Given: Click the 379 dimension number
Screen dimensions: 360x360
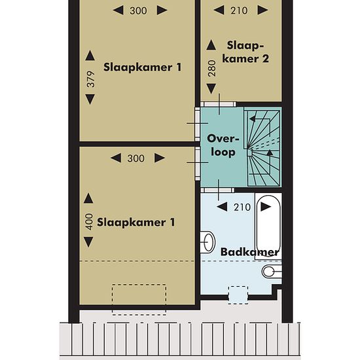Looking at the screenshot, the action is (91, 79).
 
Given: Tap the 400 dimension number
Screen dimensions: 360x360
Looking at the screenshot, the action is (89, 222).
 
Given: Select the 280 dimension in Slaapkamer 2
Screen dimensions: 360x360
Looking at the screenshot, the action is (212, 69).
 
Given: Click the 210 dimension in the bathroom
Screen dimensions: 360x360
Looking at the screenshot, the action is (242, 207).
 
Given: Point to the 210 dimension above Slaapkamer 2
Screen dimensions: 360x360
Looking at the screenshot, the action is (239, 10).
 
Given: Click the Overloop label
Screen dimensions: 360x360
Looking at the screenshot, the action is (223, 145).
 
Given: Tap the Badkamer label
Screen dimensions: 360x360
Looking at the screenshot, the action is (250, 252).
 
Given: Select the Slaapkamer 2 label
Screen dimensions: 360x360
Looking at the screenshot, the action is (245, 52).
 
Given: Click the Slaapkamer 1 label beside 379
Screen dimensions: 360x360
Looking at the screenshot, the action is (142, 67).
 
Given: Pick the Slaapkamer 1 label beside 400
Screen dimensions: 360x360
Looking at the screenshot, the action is (136, 223).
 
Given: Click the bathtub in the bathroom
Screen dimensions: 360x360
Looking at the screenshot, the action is (268, 226).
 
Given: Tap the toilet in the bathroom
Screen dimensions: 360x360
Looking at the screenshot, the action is (272, 272).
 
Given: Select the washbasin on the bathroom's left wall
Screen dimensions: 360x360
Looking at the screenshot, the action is (207, 242).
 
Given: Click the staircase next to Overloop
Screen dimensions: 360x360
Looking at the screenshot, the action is (263, 147).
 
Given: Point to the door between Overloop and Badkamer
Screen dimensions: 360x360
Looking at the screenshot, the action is (218, 190).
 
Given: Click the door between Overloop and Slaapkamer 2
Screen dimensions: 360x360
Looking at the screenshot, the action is (219, 104).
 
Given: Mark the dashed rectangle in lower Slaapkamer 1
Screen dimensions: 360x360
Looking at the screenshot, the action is (139, 299).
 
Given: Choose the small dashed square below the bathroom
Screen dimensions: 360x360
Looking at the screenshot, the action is (238, 295).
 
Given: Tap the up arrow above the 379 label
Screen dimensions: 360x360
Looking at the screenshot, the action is (90, 56).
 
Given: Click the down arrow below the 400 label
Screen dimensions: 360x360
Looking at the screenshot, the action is (88, 242).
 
